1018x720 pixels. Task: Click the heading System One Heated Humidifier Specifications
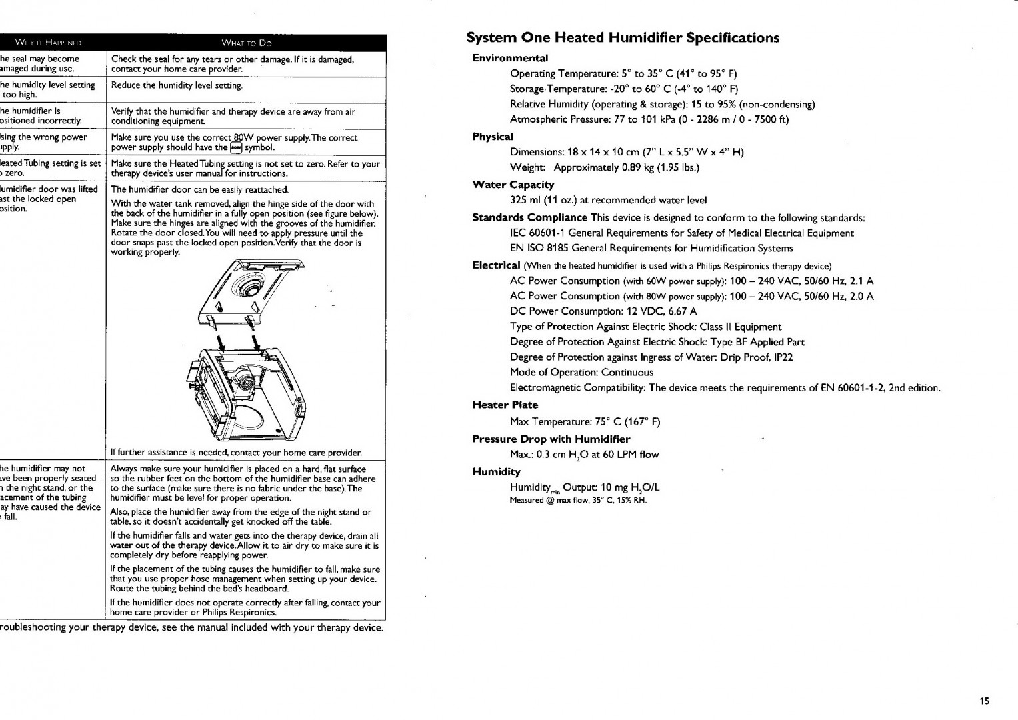click(623, 37)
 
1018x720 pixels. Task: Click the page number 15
click(985, 700)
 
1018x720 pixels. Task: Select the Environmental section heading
click(509, 58)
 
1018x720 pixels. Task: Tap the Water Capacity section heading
click(513, 185)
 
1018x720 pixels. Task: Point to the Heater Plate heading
click(505, 405)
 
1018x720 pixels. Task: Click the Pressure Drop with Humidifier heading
click(551, 439)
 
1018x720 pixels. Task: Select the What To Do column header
click(247, 43)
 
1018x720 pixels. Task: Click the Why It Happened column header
click(48, 43)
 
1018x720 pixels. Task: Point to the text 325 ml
click(525, 200)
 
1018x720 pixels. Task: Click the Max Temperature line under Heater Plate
click(585, 421)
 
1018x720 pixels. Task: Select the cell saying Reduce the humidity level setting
click(177, 85)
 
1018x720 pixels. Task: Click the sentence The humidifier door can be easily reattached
click(199, 190)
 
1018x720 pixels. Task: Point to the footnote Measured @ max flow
click(578, 500)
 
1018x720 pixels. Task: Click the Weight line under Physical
click(604, 167)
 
